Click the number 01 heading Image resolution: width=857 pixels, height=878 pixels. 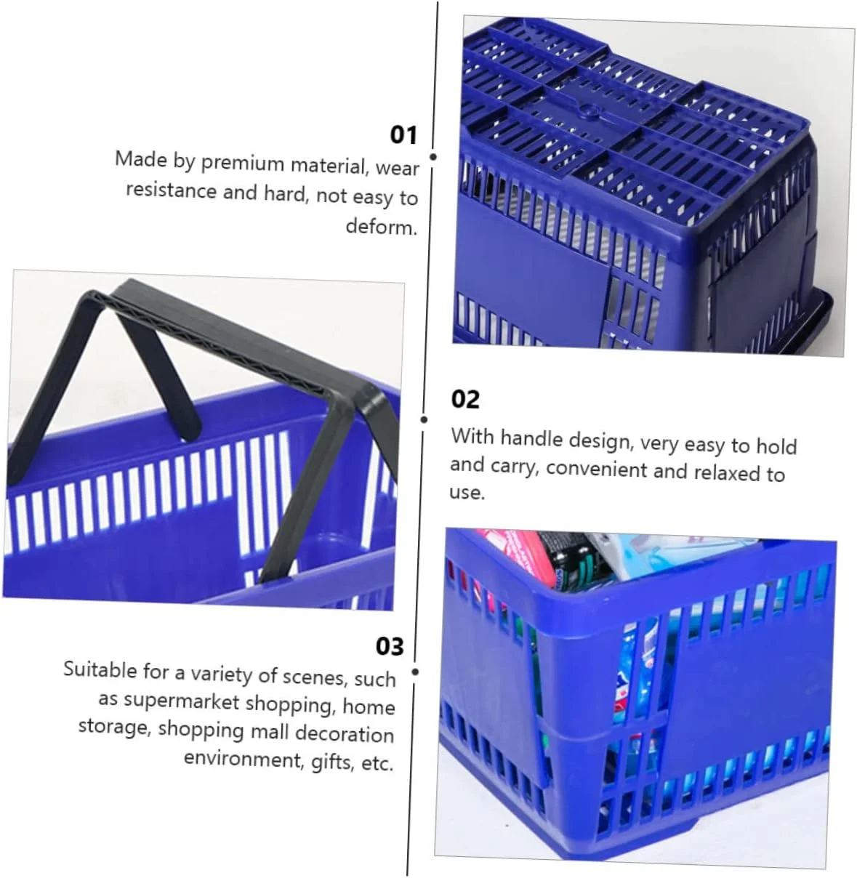403,135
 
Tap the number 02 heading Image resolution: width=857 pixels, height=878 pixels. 465,400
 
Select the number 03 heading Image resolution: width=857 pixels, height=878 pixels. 390,647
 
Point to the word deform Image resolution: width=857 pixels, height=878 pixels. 382,226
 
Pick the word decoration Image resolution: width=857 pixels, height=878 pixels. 345,733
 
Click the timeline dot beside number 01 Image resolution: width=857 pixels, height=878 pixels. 433,156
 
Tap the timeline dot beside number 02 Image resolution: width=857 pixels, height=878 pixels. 424,419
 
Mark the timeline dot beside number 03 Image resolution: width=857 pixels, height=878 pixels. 415,672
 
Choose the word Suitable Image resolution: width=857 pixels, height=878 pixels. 100,669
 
